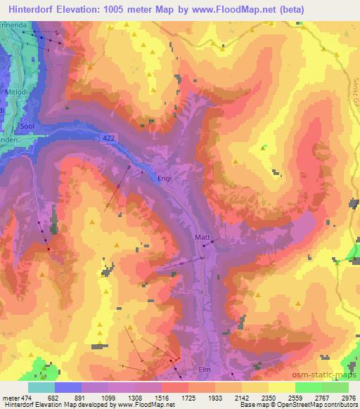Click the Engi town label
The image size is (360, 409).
point(164,178)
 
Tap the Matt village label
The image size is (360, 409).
point(202,238)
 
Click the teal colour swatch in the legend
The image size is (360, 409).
point(41,387)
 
